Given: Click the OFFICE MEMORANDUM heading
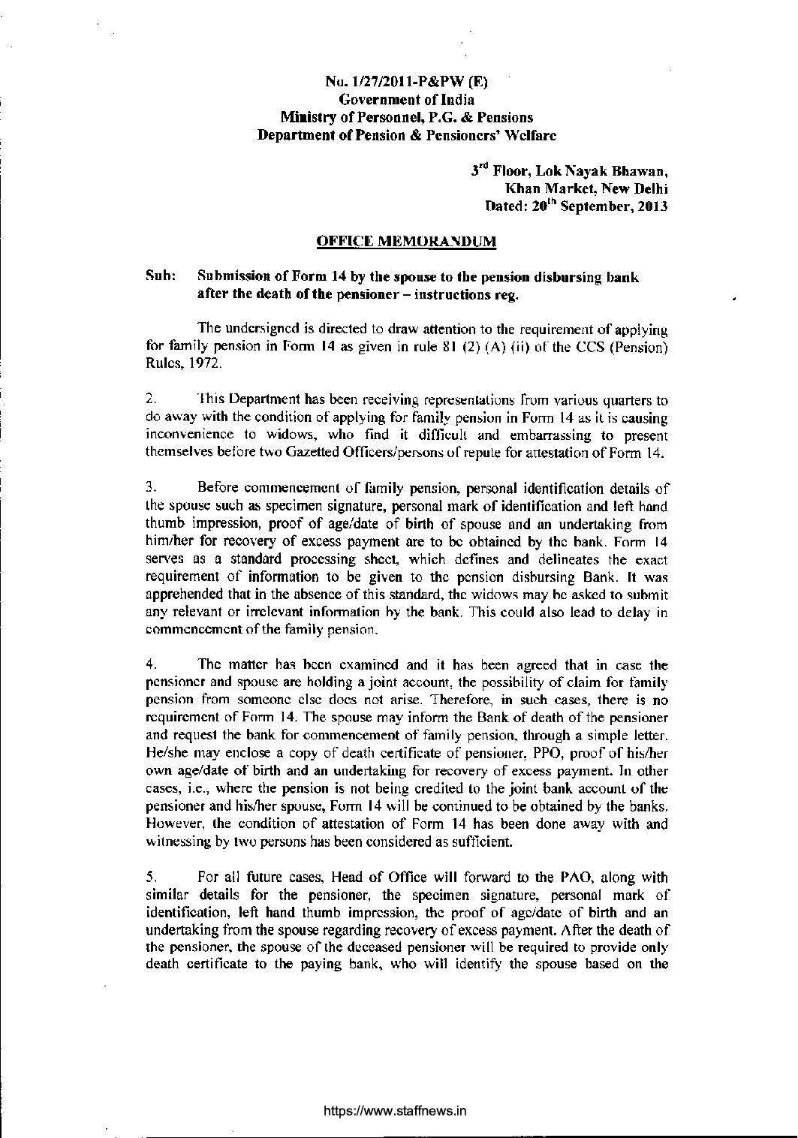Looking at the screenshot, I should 406,241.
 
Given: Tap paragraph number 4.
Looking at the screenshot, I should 150,665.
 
